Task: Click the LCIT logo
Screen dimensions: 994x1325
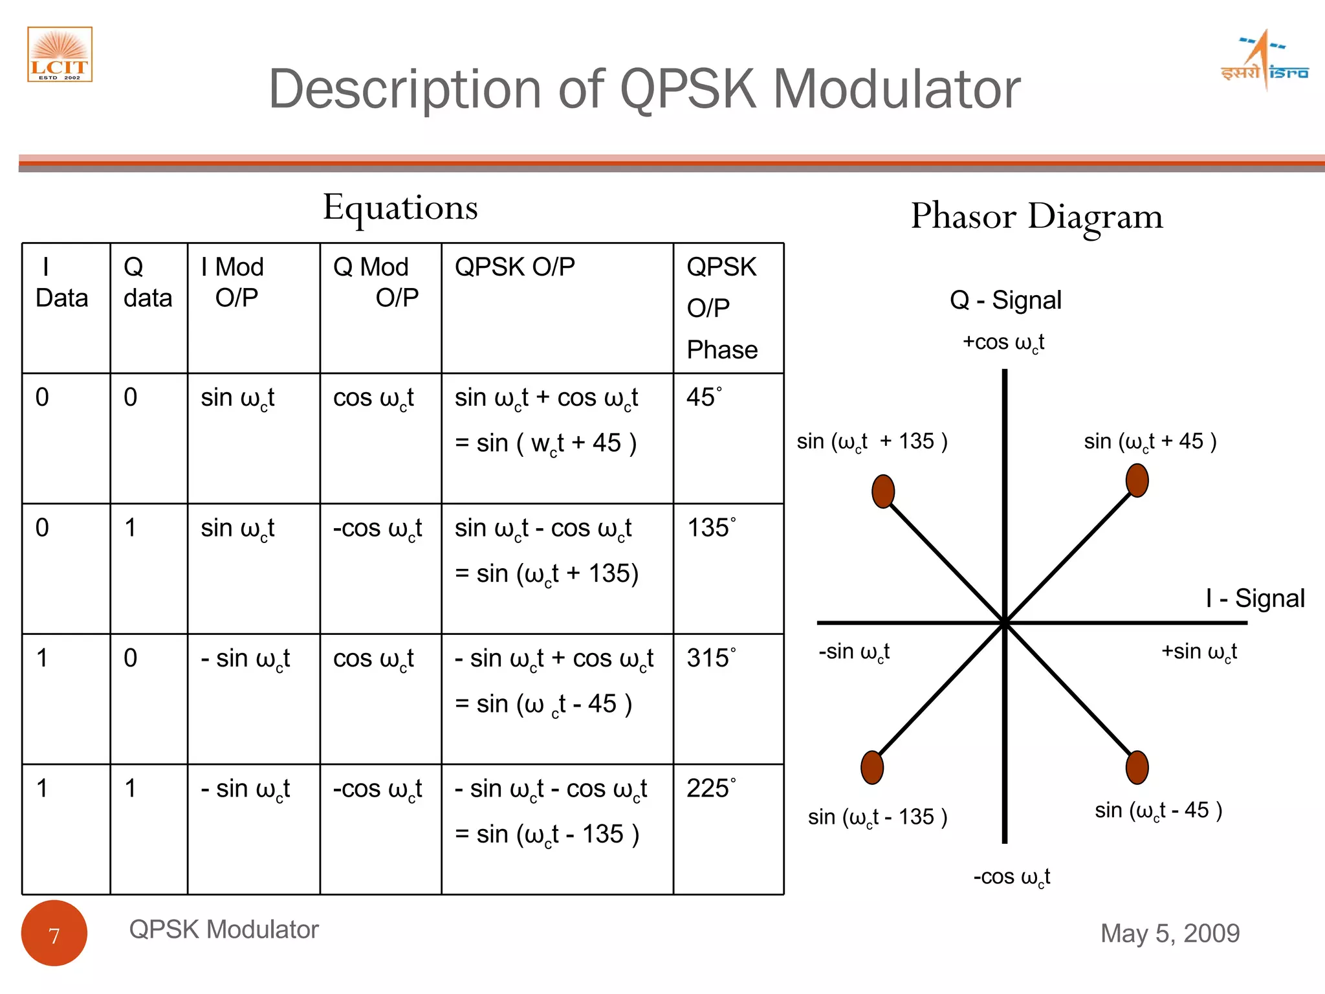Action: tap(60, 54)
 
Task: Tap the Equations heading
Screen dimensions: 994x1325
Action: tap(400, 208)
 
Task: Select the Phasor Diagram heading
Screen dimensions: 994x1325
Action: tap(1036, 216)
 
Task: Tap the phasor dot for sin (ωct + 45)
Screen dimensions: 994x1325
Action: tap(1137, 481)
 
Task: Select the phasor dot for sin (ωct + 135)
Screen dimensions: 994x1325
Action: tap(883, 491)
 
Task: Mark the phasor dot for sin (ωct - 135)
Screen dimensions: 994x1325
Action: tap(872, 768)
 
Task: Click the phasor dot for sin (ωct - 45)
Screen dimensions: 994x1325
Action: tap(1137, 768)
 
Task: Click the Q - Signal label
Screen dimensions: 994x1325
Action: tap(1005, 300)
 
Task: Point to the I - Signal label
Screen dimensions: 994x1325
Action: tap(1254, 598)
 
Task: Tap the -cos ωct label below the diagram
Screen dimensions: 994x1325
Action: tap(1011, 877)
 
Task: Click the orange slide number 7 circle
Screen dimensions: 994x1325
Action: tap(54, 933)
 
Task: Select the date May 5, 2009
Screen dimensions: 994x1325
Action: tap(1170, 933)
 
